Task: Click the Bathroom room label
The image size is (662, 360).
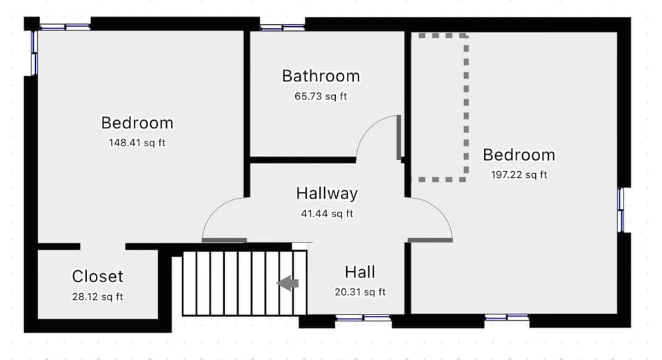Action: (x=321, y=76)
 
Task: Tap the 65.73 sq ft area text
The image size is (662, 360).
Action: (x=321, y=97)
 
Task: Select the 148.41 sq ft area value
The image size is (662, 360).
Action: (x=137, y=143)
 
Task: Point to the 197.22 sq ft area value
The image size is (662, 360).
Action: (x=519, y=174)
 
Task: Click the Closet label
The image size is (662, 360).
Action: (x=97, y=277)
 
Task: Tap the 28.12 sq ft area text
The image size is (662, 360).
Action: (x=97, y=297)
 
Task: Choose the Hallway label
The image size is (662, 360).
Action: (x=327, y=193)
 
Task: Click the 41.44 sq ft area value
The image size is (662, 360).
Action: (x=327, y=214)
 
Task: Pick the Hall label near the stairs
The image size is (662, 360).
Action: (x=360, y=272)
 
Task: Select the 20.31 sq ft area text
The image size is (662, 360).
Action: (x=360, y=292)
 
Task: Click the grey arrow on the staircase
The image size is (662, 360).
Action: (x=288, y=283)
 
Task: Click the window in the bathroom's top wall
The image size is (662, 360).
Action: (x=282, y=28)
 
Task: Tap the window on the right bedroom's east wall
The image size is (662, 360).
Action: (x=621, y=209)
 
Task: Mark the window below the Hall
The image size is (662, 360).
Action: (x=363, y=318)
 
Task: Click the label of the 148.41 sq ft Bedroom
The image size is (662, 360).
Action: (x=137, y=123)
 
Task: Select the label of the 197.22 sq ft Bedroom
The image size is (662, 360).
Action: (x=519, y=154)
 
